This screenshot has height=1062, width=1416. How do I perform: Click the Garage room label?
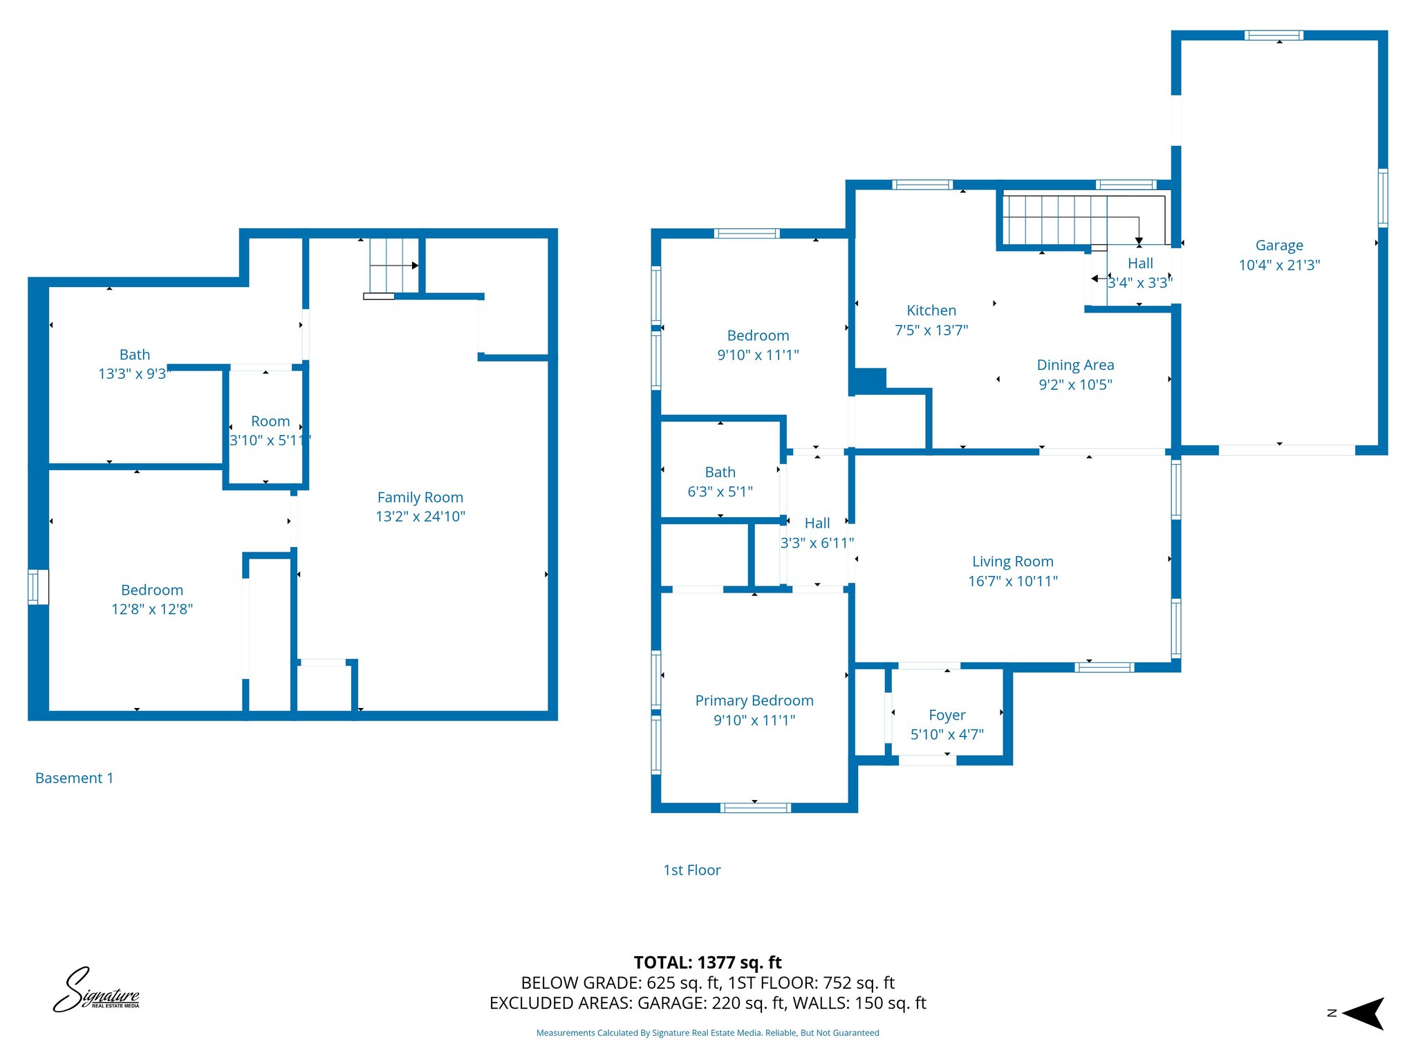click(1279, 245)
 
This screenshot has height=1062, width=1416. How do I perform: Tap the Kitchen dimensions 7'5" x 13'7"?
click(931, 330)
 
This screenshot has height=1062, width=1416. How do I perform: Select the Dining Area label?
click(1075, 365)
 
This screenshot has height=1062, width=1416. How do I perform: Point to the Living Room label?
click(1013, 561)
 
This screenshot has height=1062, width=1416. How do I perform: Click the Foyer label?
click(947, 715)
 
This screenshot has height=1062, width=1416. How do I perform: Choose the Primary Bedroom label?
click(754, 700)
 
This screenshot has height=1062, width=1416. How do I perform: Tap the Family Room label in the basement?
click(420, 497)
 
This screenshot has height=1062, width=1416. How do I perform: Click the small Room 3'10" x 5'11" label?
click(270, 431)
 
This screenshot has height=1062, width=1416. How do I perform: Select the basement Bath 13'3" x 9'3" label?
click(134, 364)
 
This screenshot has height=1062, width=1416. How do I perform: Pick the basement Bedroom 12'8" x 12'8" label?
click(152, 599)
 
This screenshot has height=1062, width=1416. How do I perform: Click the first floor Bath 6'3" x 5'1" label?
click(720, 482)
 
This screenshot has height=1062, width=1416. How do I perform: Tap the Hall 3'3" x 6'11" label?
click(817, 533)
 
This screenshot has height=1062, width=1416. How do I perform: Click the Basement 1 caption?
click(74, 778)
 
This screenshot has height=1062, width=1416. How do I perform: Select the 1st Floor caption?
click(691, 870)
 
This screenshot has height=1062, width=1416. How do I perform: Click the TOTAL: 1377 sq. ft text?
click(707, 962)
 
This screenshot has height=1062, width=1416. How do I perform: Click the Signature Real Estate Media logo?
click(97, 990)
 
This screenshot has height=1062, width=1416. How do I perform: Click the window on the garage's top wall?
click(1274, 35)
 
